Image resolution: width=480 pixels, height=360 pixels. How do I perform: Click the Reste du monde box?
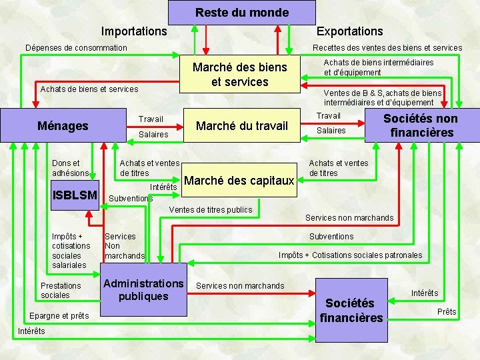pos(241,13)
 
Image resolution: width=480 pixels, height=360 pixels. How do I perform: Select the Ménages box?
pos(63,125)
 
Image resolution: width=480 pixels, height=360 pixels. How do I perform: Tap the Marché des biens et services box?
pos(239,75)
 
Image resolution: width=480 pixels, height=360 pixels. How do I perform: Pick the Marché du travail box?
pos(241,126)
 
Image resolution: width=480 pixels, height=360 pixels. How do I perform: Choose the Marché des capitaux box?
pos(239,181)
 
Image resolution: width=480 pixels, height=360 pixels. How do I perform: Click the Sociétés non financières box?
pos(420,125)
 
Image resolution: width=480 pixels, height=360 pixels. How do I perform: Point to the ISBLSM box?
pos(75,195)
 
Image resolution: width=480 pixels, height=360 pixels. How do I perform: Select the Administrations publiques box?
pos(143,290)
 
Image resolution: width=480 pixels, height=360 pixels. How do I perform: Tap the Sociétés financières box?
pos(351,310)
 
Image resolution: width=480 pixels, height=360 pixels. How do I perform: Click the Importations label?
pos(134,31)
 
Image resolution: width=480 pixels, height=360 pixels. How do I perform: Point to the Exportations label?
pos(349,31)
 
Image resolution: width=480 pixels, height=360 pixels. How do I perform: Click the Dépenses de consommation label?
pos(76,47)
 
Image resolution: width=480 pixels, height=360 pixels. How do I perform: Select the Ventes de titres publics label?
pos(211,210)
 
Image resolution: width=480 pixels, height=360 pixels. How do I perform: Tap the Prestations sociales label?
pos(61,290)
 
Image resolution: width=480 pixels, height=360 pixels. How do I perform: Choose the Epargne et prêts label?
pos(60,315)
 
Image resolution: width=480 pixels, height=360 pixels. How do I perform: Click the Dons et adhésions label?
pos(70,168)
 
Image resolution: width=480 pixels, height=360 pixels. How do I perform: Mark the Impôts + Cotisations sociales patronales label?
pos(350,255)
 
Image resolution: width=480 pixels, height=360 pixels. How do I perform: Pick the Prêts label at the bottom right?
pos(447,312)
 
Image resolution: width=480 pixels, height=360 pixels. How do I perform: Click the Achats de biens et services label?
pos(89,89)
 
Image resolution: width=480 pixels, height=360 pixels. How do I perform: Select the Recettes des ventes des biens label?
pos(387,47)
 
